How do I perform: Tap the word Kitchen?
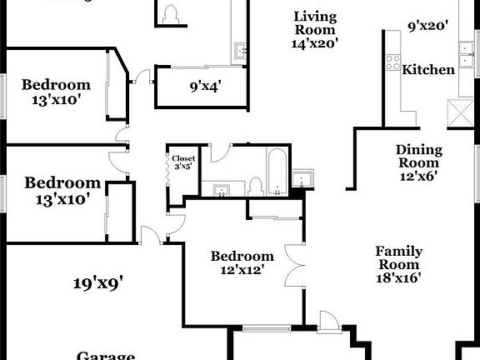tap(428, 69)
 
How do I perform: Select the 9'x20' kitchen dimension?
tap(428, 26)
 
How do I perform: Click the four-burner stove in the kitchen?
tap(392, 62)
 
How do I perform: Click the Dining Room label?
tap(417, 157)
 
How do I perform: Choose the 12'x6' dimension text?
tap(417, 176)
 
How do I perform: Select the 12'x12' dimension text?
tap(242, 271)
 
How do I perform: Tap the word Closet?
tap(182, 157)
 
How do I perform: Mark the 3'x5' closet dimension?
tap(182, 167)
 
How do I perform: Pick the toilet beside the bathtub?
tap(257, 185)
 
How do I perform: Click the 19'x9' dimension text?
tap(97, 283)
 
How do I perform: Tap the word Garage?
tap(106, 356)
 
